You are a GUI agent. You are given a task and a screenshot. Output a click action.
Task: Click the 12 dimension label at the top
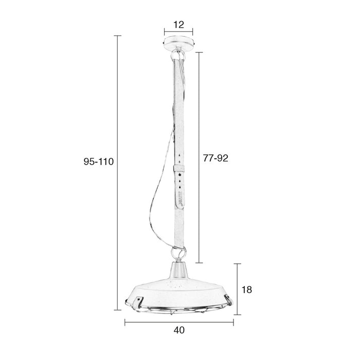point(179,24)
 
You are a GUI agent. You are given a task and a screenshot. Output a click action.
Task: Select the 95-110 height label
point(98,161)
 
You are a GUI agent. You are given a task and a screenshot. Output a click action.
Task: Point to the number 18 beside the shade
point(246,290)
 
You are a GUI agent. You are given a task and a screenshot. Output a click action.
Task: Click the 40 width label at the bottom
point(179,330)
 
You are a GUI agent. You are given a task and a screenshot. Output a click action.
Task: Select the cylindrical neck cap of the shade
point(179,267)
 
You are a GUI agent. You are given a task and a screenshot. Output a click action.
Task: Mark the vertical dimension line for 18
point(237,288)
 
